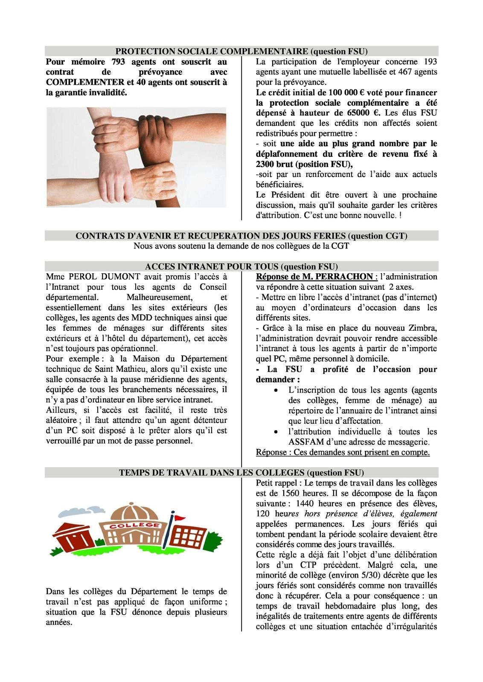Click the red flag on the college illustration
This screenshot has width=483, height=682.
click(180, 518)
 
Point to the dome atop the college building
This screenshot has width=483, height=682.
click(134, 511)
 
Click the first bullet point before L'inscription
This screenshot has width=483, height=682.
click(277, 390)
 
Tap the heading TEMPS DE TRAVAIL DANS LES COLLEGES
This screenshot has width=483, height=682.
click(212, 473)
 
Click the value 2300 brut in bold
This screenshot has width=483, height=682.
click(275, 165)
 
